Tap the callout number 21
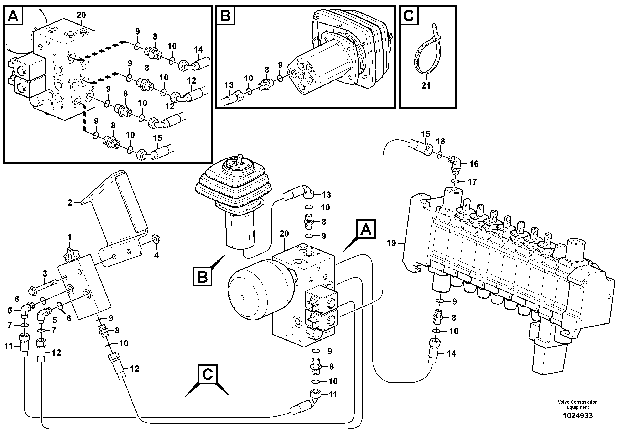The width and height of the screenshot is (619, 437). pos(426,86)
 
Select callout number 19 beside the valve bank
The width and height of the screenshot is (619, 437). pos(391,243)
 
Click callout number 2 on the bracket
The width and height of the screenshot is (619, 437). pos(70,203)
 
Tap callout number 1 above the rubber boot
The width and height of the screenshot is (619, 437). pos(69,237)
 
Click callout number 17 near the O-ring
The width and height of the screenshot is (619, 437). pos(472,182)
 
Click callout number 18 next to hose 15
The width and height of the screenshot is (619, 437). pos(441,141)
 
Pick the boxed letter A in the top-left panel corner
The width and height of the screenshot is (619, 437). pos(13,16)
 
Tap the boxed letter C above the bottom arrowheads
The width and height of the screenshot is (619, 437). pos(207,374)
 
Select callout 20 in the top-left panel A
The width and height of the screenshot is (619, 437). pos(81,15)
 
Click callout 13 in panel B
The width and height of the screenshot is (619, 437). pos(229,85)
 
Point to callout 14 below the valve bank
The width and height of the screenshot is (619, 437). pos(451,353)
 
